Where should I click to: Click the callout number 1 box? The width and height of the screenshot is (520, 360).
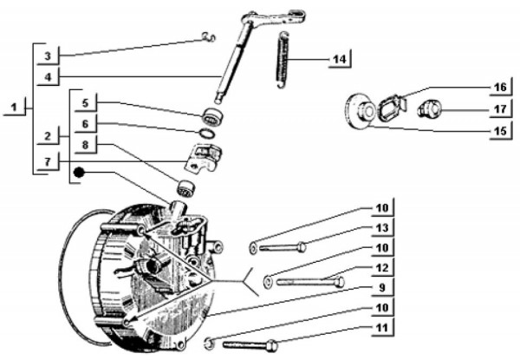(x=14, y=108)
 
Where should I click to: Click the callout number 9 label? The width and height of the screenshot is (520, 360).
(x=381, y=287)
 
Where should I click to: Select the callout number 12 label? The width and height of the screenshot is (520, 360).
(x=381, y=267)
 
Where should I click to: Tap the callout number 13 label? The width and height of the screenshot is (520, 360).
(x=381, y=227)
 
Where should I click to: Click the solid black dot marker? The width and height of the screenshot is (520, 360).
(x=79, y=173)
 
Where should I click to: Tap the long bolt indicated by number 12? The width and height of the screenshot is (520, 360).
(x=308, y=281)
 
